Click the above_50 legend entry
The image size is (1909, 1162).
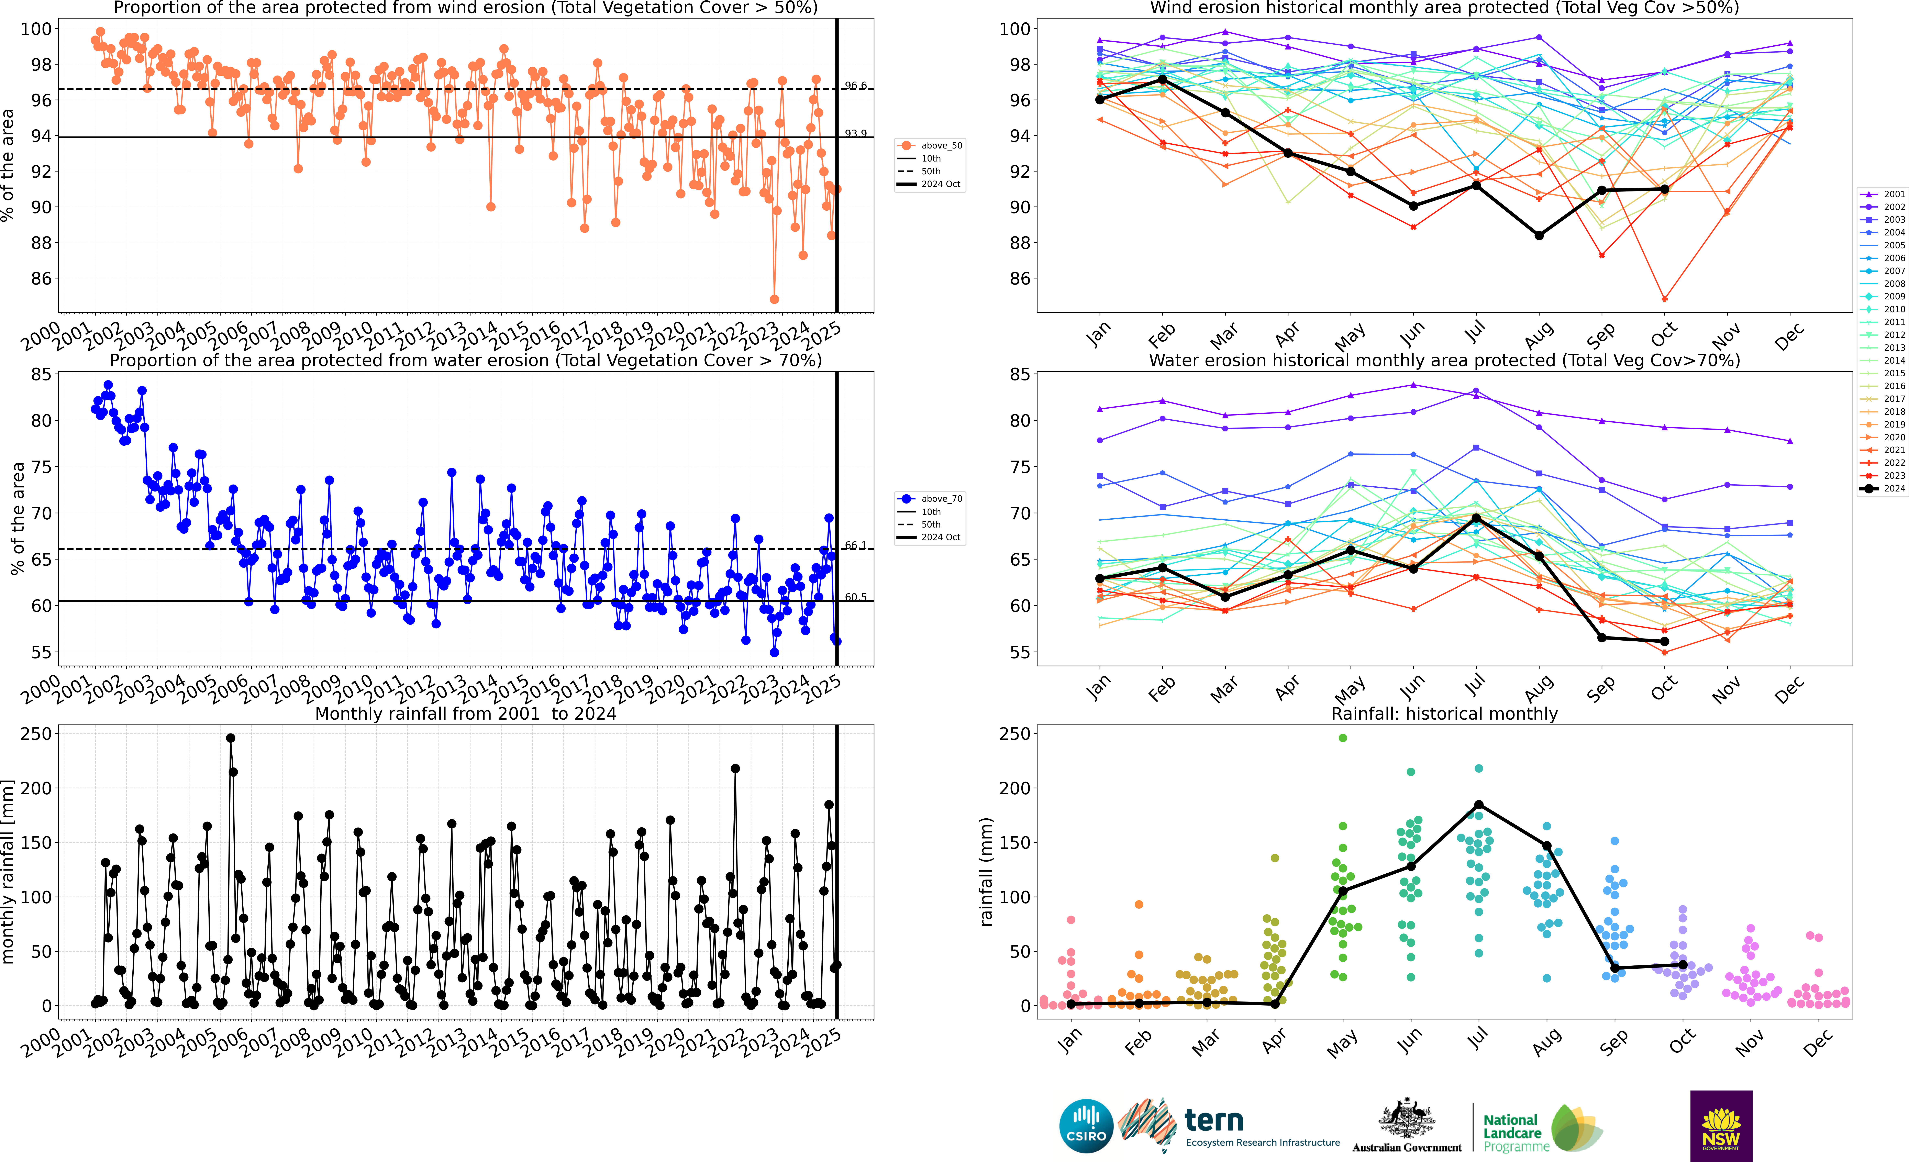pyautogui.click(x=930, y=146)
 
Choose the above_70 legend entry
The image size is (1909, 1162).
pyautogui.click(x=930, y=499)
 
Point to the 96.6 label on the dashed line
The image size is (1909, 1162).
pyautogui.click(x=855, y=86)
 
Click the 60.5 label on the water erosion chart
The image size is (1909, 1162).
pyautogui.click(x=855, y=597)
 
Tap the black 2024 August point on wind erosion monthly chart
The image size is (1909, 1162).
pyautogui.click(x=1539, y=235)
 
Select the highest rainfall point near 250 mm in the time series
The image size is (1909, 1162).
pyautogui.click(x=230, y=738)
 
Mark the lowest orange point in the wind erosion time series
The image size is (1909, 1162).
pyautogui.click(x=774, y=299)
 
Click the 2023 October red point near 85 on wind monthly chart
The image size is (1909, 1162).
pyautogui.click(x=1664, y=299)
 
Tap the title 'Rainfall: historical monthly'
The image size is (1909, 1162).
pyautogui.click(x=1444, y=713)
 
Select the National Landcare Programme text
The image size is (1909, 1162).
pyautogui.click(x=1515, y=1132)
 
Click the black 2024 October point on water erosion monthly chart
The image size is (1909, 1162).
pyautogui.click(x=1664, y=641)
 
